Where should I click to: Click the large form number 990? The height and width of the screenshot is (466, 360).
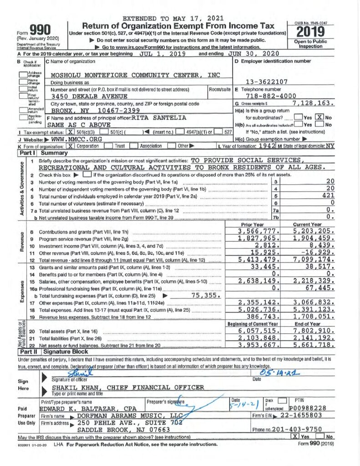(x=42, y=28)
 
